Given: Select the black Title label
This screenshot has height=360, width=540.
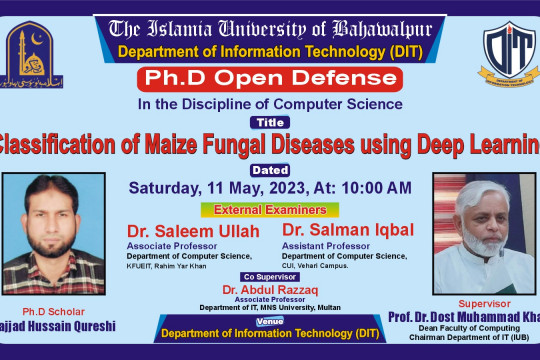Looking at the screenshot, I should (271, 122).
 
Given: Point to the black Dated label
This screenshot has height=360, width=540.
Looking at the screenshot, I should (270, 169).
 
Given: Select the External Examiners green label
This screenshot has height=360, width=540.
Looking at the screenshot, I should (270, 209).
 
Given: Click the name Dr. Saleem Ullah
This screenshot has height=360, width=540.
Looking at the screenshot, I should (193, 232).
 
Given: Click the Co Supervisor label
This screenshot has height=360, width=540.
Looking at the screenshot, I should (270, 276).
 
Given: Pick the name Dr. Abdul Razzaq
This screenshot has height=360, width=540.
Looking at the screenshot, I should (270, 288).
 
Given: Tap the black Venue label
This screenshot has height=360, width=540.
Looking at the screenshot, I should (270, 322).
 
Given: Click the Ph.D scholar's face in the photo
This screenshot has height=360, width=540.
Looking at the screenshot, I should (49, 215).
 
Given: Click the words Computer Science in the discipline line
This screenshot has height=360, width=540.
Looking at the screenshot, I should (351, 103).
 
